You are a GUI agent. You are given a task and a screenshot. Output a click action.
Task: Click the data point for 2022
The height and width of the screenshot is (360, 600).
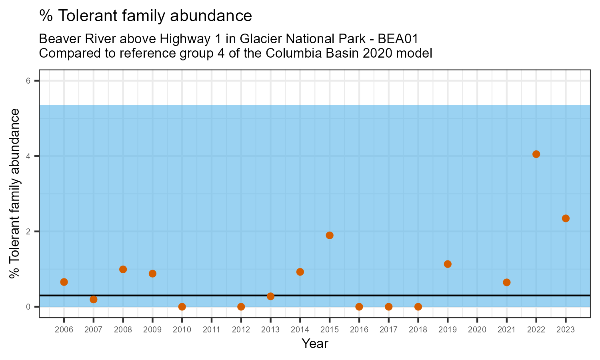536,154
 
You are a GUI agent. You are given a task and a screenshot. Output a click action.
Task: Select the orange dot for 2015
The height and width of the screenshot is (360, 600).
330,235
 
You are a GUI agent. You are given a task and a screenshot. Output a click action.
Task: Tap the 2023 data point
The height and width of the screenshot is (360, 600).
566,218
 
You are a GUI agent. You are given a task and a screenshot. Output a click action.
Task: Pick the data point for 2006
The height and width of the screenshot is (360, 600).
64,282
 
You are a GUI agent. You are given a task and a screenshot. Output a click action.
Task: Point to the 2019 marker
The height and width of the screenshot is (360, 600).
448,264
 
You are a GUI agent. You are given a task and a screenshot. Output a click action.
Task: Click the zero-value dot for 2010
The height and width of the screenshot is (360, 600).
182,307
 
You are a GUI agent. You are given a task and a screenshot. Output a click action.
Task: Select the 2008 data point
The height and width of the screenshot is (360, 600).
123,269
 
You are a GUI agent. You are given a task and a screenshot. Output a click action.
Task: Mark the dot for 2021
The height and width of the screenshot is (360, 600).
506,282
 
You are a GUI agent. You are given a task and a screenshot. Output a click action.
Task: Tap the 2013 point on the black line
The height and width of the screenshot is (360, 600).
270,296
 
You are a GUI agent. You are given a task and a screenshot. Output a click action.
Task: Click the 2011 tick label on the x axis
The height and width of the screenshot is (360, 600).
212,330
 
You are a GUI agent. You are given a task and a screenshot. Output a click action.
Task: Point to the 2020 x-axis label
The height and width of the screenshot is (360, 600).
477,330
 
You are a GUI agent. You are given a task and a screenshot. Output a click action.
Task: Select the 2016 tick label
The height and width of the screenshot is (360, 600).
359,330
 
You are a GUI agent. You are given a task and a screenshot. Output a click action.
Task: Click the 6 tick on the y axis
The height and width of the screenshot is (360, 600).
28,81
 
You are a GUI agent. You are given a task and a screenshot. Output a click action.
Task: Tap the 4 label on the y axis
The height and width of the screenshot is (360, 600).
28,156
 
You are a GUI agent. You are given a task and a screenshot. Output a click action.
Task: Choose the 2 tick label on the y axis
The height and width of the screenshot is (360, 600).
28,232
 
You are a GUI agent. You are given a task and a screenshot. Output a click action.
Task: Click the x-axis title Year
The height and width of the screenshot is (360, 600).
315,344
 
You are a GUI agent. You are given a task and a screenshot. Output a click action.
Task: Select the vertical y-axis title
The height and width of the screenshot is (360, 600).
15,194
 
